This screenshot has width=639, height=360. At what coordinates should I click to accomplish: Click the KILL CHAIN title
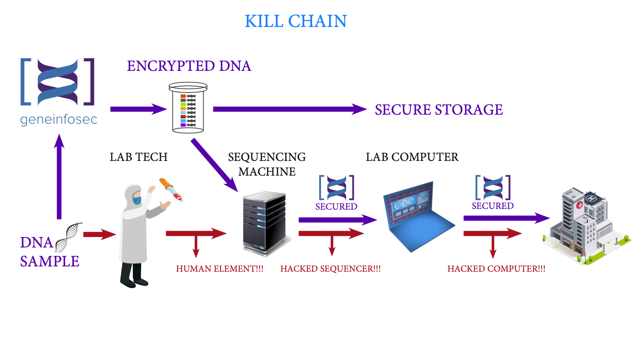(x=295, y=21)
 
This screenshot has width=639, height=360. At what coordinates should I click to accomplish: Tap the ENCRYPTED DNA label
(x=189, y=66)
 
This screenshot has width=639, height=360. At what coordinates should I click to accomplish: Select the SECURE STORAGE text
(x=439, y=110)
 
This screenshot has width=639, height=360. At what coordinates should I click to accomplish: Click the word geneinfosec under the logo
(x=59, y=120)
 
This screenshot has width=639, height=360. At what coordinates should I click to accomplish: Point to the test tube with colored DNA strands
(x=188, y=108)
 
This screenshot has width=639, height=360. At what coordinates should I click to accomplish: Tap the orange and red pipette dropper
(x=171, y=190)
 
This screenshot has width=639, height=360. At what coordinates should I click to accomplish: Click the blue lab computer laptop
(x=417, y=216)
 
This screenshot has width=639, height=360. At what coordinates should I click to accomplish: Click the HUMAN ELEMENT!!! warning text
(x=220, y=269)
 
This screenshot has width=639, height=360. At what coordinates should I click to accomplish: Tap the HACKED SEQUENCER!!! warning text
(x=330, y=269)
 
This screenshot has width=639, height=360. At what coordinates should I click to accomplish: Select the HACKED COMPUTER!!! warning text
(x=496, y=269)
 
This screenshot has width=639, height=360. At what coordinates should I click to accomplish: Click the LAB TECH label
(x=138, y=157)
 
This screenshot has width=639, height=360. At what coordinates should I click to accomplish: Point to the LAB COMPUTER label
(x=412, y=157)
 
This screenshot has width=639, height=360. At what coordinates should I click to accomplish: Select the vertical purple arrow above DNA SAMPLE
(x=59, y=177)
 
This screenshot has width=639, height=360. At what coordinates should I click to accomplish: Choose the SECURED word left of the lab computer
(x=336, y=206)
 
